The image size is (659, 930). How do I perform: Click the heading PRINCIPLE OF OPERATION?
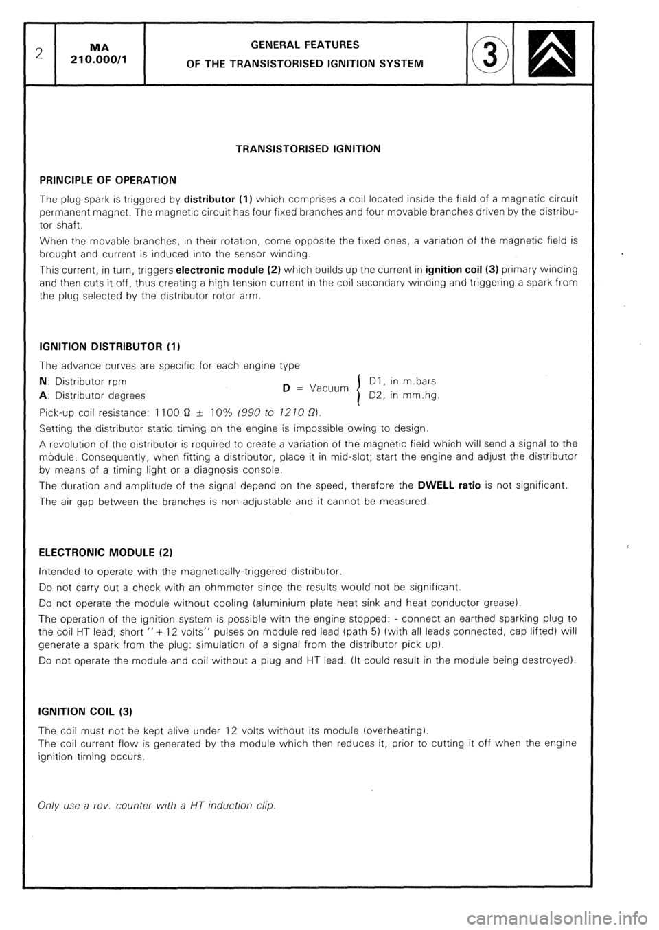click(108, 180)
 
